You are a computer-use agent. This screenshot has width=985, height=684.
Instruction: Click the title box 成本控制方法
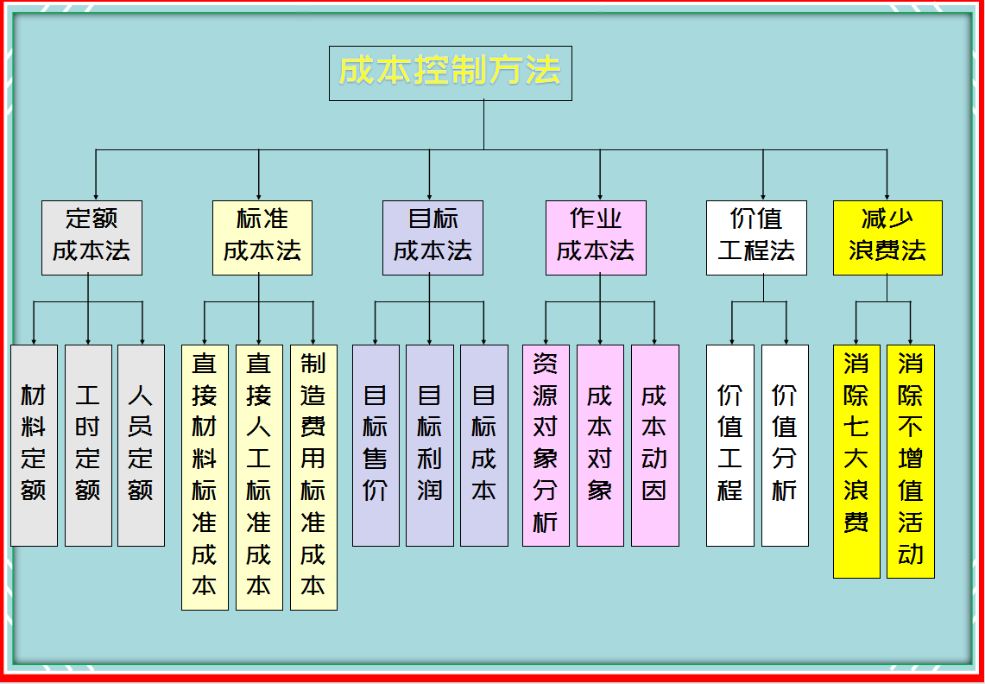pos(450,73)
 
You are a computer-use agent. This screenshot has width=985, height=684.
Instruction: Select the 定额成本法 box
pos(92,237)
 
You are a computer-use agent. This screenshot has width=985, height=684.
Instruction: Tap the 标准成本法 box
pos(262,237)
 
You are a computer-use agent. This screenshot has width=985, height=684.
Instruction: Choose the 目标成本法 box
pos(433,237)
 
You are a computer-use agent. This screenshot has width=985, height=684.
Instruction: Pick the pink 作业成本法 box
pos(596,237)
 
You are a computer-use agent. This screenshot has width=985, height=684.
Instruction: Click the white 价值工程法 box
pos(756,237)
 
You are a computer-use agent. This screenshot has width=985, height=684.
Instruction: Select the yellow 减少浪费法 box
pos(887,237)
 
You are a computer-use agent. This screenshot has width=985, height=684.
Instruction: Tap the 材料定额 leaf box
pos(34,445)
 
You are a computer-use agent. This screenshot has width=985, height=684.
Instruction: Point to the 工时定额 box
pos(88,445)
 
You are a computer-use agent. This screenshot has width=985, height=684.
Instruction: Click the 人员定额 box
pos(141,445)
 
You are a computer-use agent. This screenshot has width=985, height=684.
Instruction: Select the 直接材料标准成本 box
pos(205,477)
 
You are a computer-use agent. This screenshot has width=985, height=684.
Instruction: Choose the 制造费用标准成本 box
pos(313,477)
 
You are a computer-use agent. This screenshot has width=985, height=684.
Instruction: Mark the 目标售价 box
pos(376,445)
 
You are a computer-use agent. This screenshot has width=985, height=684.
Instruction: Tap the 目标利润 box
pos(430,445)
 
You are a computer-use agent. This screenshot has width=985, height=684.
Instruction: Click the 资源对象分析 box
pos(546,445)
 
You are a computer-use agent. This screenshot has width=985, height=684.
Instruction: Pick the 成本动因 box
pos(654,445)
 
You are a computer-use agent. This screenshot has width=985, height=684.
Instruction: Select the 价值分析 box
pos(785,445)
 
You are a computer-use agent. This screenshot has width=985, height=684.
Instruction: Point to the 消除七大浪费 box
pos(856,460)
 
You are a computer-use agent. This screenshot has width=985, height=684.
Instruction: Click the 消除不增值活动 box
pos(911,460)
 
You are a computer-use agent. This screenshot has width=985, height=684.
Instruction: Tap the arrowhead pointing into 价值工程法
pos(763,196)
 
